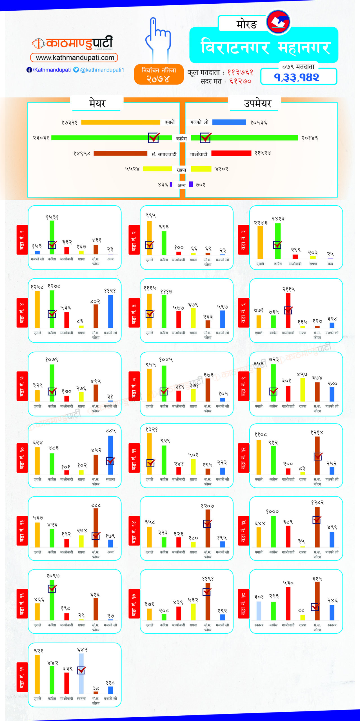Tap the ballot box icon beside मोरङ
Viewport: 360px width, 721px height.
278,22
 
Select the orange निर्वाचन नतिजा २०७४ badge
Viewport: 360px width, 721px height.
159,74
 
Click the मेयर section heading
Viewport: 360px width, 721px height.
97,104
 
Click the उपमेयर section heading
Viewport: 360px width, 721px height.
257,104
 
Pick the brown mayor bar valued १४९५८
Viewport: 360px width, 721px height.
120,153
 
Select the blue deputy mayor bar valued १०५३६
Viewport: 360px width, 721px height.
229,122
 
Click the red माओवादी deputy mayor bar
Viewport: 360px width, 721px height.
231,153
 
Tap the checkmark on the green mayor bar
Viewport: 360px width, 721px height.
154,138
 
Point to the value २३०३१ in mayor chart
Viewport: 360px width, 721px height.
41,138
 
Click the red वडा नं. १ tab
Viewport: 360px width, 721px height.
22,240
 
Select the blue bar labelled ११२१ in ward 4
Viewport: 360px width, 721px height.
110,311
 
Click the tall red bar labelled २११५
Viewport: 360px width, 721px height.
288,310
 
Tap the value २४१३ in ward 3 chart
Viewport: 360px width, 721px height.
278,219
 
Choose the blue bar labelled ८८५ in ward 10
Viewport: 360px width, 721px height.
110,455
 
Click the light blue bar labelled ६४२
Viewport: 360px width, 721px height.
81,673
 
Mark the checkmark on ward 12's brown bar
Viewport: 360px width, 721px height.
318,456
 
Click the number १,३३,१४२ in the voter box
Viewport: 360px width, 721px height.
297,77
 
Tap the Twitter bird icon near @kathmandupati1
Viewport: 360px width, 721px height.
76,70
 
